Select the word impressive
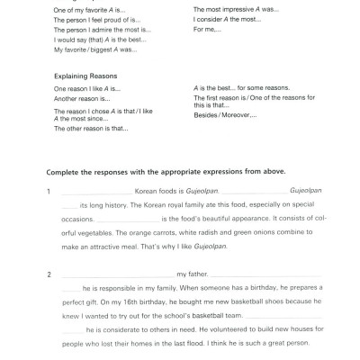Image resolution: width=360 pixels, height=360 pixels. (x=233, y=8)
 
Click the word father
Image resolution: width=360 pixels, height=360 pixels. (x=200, y=274)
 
